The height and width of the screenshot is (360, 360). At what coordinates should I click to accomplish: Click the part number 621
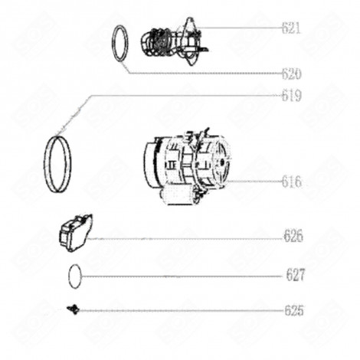click(291, 28)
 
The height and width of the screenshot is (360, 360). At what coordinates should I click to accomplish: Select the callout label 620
click(292, 74)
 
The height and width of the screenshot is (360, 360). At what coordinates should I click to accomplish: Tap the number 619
click(292, 96)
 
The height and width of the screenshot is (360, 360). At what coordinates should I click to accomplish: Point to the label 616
click(292, 182)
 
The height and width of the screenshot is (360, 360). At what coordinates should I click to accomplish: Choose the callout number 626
click(293, 236)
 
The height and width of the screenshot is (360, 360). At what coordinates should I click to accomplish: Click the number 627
click(296, 275)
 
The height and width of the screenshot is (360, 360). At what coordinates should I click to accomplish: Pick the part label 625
click(294, 311)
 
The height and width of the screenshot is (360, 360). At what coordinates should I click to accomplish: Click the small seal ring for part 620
click(113, 44)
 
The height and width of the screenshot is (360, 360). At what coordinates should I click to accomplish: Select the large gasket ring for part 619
click(46, 163)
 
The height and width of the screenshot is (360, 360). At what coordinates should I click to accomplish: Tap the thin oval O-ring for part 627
click(69, 277)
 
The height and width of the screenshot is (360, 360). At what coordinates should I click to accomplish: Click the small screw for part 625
click(74, 309)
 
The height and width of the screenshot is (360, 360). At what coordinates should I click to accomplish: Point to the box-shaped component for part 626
click(75, 232)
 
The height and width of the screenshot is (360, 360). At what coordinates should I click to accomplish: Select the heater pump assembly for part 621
click(175, 42)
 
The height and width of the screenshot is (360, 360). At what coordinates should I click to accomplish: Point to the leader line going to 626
click(185, 239)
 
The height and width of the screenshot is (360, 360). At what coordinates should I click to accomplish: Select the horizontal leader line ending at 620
click(205, 74)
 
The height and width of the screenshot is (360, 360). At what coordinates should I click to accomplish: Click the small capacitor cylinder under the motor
click(178, 196)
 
